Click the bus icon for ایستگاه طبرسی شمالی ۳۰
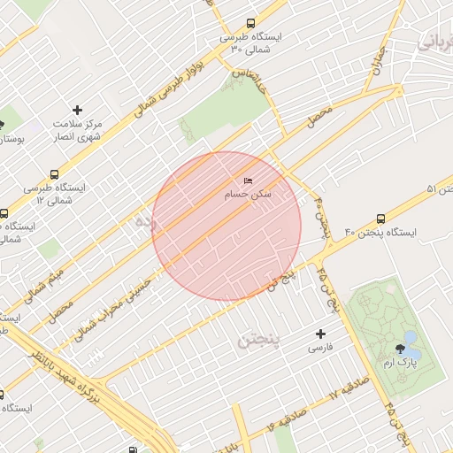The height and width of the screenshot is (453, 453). pos(250,24)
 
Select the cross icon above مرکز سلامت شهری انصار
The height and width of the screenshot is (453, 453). pos(77,111)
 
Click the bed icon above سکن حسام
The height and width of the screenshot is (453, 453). pos(248,180)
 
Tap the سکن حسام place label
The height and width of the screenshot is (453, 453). pos(249,193)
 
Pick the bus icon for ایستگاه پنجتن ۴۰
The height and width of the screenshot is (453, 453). pos(380,218)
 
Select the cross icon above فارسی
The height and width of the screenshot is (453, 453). pos(320,334)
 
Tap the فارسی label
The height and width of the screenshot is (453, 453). pos(320,348)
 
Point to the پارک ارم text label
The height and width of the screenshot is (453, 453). pos(403,363)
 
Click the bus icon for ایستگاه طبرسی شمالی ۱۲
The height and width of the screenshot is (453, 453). pos(4,213)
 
